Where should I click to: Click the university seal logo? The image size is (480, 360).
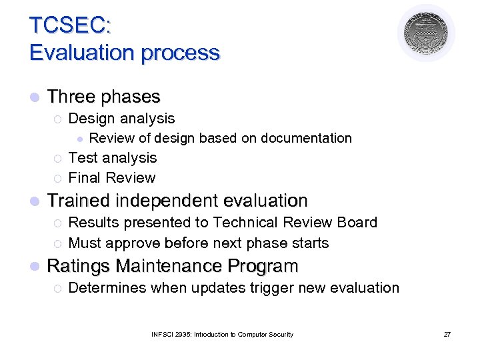click(x=426, y=33)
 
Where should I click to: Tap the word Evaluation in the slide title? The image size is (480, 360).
click(x=78, y=53)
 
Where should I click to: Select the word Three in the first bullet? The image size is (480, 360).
click(x=71, y=97)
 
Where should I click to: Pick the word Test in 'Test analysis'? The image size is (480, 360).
click(x=83, y=158)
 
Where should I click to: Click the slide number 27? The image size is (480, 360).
click(x=447, y=335)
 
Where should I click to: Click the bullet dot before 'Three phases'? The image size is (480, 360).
click(x=34, y=98)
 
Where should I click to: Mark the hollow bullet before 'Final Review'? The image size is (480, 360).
click(x=57, y=179)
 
